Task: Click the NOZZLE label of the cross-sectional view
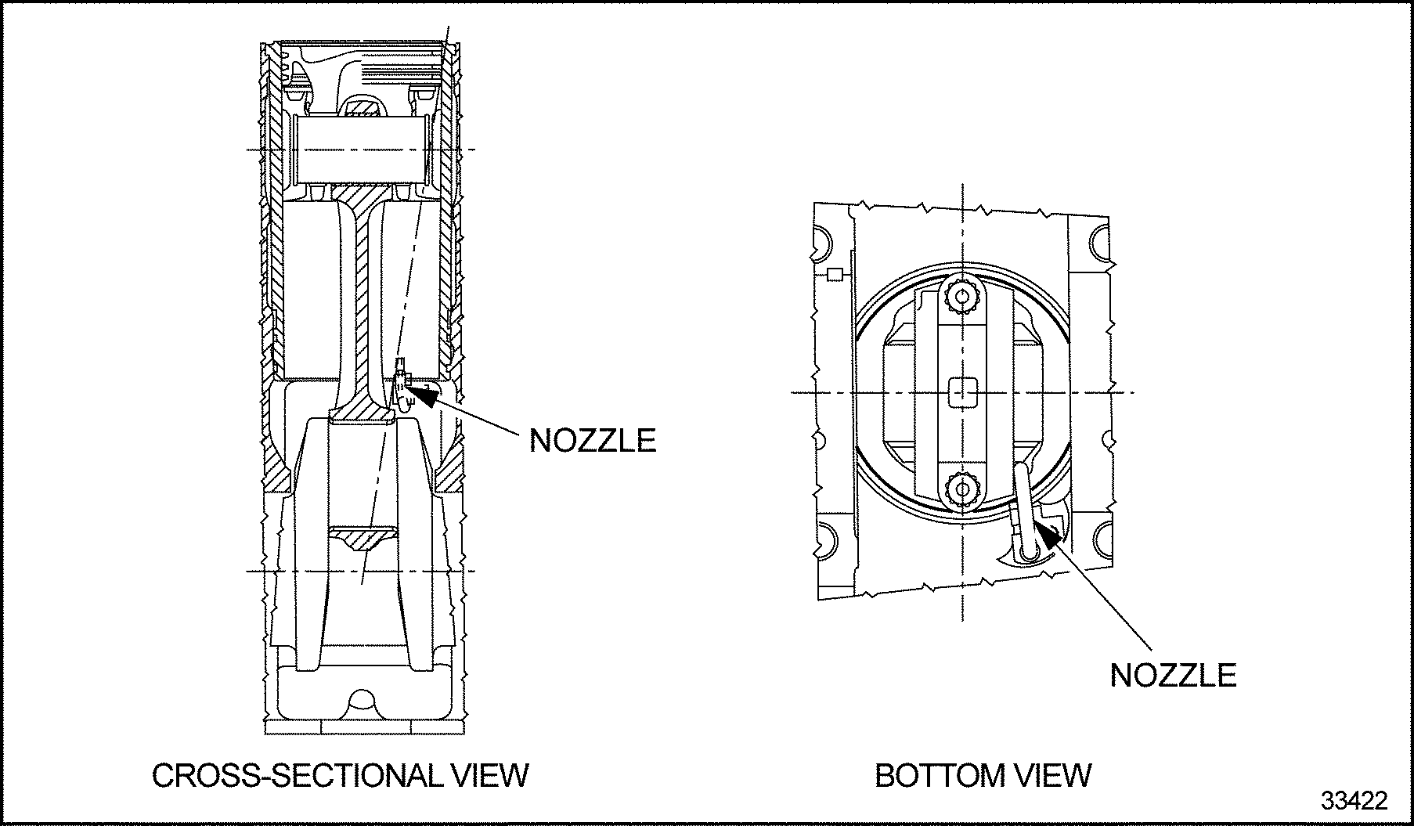(592, 440)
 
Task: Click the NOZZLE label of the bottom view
(1172, 675)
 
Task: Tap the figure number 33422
(1354, 801)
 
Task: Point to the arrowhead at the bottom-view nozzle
(1045, 536)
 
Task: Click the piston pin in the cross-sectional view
(360, 149)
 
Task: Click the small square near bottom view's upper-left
(835, 274)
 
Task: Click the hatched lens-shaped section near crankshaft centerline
(363, 539)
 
